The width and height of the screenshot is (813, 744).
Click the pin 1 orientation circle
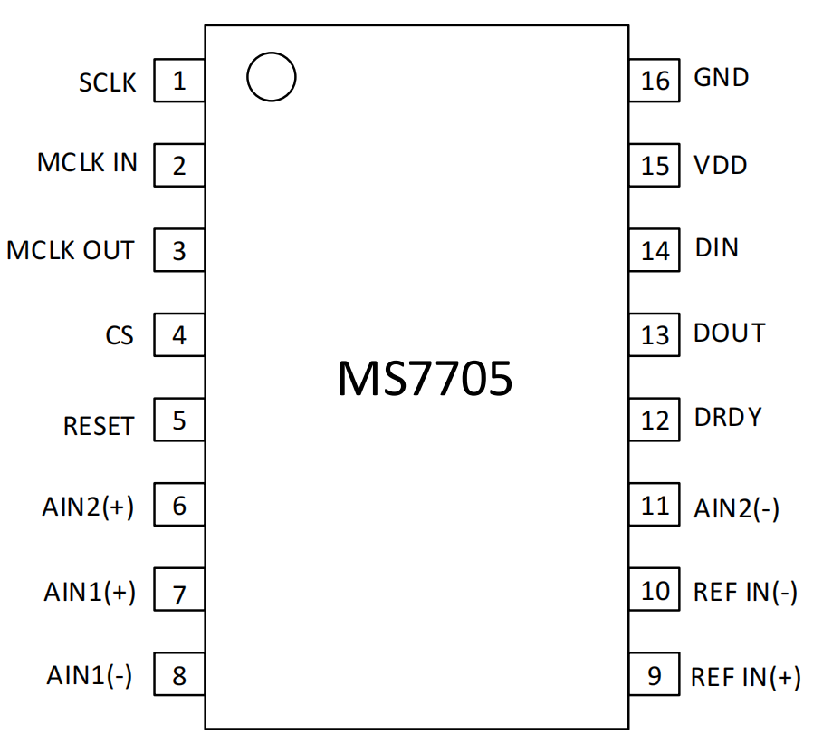[247, 77]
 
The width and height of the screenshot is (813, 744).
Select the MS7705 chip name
[425, 378]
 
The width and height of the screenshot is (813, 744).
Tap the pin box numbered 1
[179, 81]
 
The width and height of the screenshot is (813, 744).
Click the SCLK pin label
[108, 82]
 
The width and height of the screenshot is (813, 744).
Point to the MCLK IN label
[87, 162]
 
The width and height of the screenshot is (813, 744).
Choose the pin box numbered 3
[179, 250]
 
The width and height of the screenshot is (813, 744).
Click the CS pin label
[120, 335]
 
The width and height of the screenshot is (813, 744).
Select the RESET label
[99, 426]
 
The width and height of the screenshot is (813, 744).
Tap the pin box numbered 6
[179, 504]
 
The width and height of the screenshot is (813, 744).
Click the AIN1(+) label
[90, 592]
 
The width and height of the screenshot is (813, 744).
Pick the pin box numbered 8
[179, 674]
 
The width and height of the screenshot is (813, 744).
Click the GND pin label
[722, 77]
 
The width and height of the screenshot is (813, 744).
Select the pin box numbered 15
[655, 165]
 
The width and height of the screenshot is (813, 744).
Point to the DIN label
[716, 247]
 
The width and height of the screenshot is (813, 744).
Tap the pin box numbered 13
[655, 334]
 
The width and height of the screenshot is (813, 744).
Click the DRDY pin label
[728, 417]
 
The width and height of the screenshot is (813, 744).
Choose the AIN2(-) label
[736, 508]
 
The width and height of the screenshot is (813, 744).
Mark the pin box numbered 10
[655, 589]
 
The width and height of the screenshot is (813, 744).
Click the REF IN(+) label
[746, 678]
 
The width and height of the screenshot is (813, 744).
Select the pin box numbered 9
[655, 674]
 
